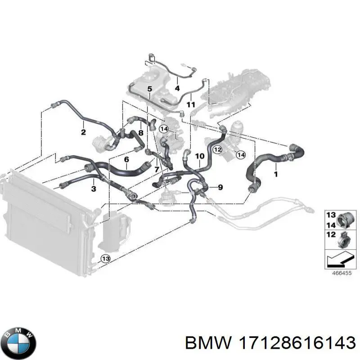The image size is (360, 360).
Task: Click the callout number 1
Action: coord(276,174)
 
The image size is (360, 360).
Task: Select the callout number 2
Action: coord(83,132)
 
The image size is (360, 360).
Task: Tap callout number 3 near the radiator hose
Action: coord(94,189)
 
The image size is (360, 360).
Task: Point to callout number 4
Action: coord(177,88)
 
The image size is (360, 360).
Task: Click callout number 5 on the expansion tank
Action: coord(150,88)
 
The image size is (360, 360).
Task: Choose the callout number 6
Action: coord(126,159)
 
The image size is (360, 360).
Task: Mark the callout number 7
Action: coord(157,170)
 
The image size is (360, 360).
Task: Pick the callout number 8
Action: coord(141,132)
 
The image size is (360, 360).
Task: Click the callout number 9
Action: coord(220,187)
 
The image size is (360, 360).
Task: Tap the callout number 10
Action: coord(200,156)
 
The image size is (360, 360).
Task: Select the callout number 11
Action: coord(190,105)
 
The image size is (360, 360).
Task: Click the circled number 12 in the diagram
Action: coord(218,150)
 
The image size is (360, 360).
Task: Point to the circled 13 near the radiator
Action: coord(106,259)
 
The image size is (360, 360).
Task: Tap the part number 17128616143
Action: coord(297,343)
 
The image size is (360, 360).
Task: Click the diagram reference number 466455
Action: coord(342,273)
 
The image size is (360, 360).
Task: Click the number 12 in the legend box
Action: coord(331,234)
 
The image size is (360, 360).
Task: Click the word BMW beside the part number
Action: coord(208,343)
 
